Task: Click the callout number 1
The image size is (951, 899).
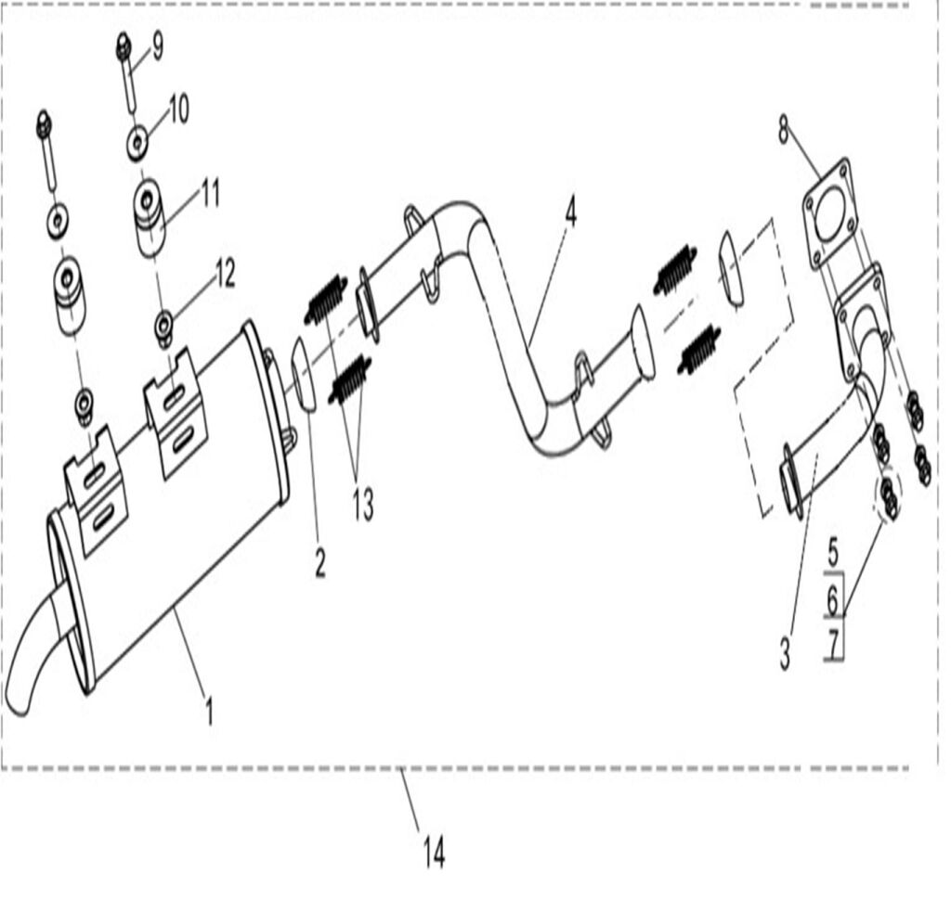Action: [209, 713]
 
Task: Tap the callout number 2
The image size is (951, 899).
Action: [319, 562]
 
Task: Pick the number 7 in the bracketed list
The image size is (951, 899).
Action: [834, 642]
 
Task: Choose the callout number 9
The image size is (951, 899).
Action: [157, 46]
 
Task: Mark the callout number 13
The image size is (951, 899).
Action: [362, 506]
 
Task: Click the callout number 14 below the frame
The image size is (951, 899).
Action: [434, 852]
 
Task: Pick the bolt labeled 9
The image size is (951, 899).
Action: [126, 70]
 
